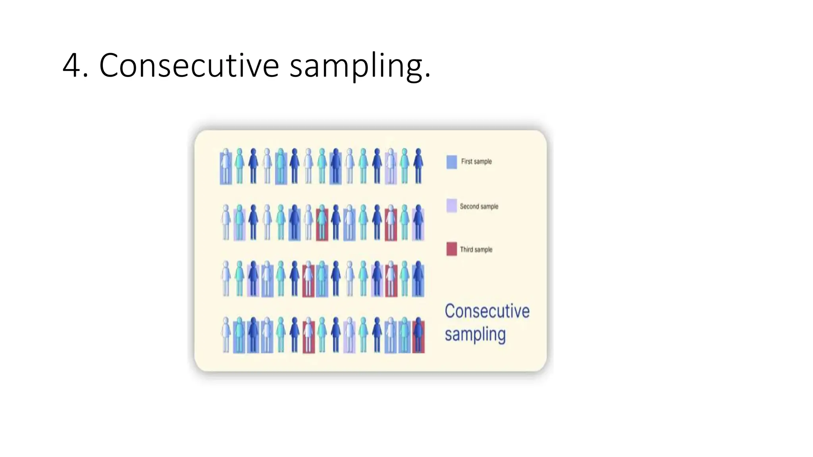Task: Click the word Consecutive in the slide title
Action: tap(189, 65)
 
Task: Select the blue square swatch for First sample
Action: tap(451, 162)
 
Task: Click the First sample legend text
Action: tap(476, 161)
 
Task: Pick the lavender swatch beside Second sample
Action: tap(451, 206)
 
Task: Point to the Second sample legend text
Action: tap(479, 206)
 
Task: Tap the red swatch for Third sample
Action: tap(451, 249)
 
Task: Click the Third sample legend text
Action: tap(476, 250)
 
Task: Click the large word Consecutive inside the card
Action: tap(487, 311)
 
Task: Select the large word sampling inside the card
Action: tap(475, 334)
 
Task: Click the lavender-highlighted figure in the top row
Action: tap(391, 166)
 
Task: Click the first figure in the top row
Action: tap(225, 166)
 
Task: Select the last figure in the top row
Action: tap(418, 166)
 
